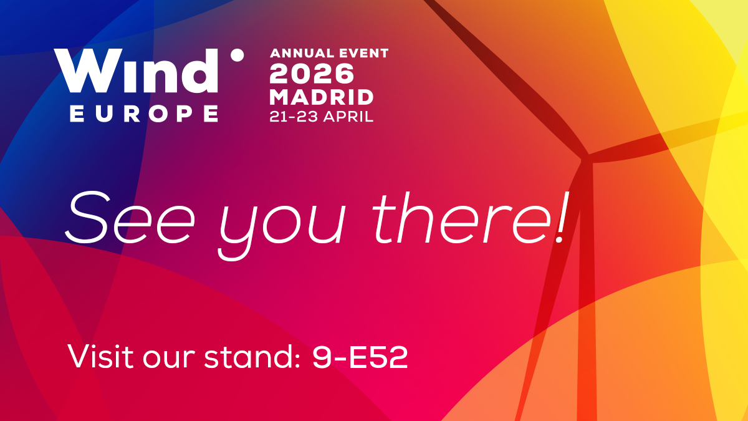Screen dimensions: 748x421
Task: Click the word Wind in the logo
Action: tap(136, 70)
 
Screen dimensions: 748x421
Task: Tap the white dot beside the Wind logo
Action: tap(237, 55)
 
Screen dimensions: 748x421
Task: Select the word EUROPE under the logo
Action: tap(144, 114)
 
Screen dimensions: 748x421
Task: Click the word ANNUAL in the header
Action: tap(302, 53)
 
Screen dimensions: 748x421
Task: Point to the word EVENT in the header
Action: tap(363, 53)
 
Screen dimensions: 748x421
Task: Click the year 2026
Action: tap(312, 74)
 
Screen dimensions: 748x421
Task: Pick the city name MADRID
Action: tap(321, 97)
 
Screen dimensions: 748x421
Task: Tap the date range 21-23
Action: tap(294, 117)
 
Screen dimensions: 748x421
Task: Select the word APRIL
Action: tap(348, 117)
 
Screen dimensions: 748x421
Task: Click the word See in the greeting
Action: tap(130, 217)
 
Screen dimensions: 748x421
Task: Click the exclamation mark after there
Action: tap(563, 217)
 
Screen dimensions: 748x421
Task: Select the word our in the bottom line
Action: tap(169, 359)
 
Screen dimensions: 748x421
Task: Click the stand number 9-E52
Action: tap(360, 357)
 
